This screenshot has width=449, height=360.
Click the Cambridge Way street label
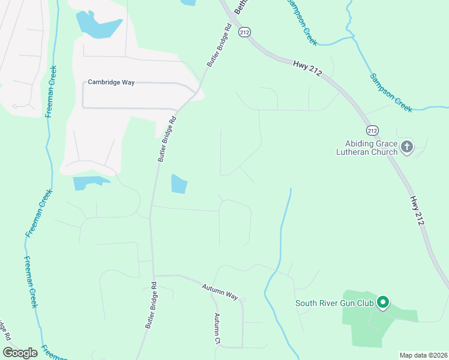(x=111, y=82)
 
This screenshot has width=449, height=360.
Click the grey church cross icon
(x=407, y=146)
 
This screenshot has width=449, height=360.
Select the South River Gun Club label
(x=334, y=303)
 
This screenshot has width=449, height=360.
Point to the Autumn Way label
(x=220, y=292)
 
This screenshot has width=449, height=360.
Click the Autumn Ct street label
(x=218, y=329)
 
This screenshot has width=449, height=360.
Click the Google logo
(x=20, y=353)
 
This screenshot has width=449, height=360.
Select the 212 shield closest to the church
(x=372, y=130)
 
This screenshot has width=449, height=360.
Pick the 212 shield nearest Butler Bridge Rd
(x=244, y=32)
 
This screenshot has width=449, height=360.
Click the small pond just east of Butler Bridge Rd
(x=179, y=184)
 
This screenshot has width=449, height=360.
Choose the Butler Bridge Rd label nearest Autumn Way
(x=150, y=305)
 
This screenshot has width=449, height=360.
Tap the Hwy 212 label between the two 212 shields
(x=308, y=67)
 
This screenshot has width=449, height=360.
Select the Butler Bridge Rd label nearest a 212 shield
(x=220, y=45)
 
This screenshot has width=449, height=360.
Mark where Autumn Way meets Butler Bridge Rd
(x=153, y=275)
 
